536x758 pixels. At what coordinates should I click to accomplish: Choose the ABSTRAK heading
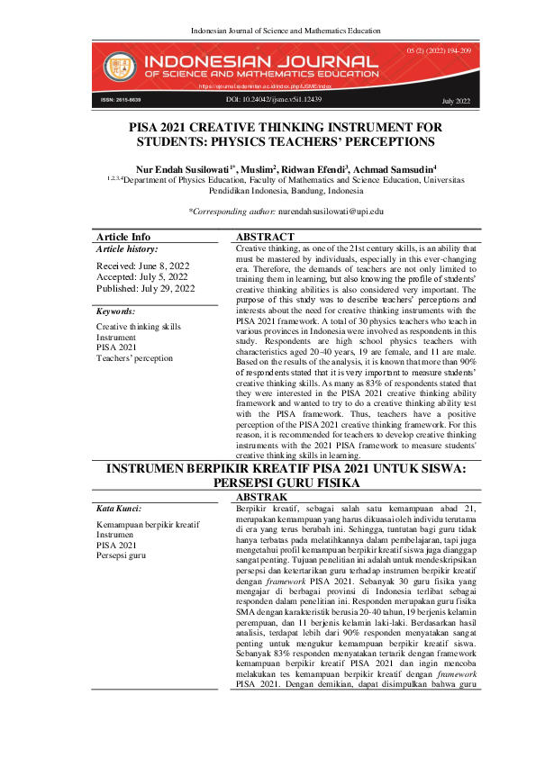(x=261, y=497)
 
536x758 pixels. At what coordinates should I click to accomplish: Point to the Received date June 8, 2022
(x=143, y=266)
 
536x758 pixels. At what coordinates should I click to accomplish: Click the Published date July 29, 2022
(x=145, y=289)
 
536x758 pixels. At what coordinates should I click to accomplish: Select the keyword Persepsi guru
(x=123, y=556)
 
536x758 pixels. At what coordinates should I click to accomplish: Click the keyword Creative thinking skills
(x=139, y=327)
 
